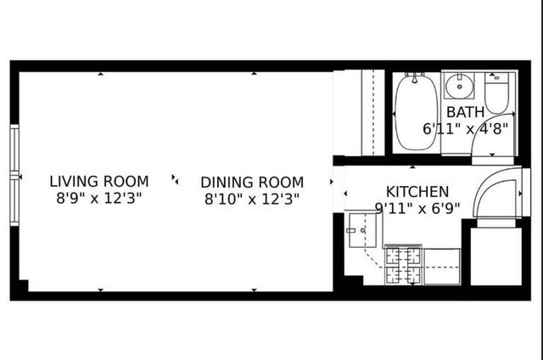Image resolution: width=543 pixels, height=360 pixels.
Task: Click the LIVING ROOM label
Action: (98, 181)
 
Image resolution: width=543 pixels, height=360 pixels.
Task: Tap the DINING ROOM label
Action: (252, 182)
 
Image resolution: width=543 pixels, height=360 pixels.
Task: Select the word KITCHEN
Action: (417, 191)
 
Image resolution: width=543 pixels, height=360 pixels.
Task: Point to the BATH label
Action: (466, 112)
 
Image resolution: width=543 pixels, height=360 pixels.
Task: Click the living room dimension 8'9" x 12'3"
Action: (98, 199)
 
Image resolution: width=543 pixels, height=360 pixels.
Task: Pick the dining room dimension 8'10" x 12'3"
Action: (252, 200)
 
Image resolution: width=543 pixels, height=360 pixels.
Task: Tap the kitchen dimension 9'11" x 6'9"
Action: (417, 207)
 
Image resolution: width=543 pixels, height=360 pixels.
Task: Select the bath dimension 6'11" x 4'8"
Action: (466, 129)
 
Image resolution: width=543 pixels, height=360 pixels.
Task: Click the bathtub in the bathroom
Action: (415, 112)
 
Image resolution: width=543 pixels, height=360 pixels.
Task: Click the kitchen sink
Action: (358, 228)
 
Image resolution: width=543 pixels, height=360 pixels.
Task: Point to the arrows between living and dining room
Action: (175, 179)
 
